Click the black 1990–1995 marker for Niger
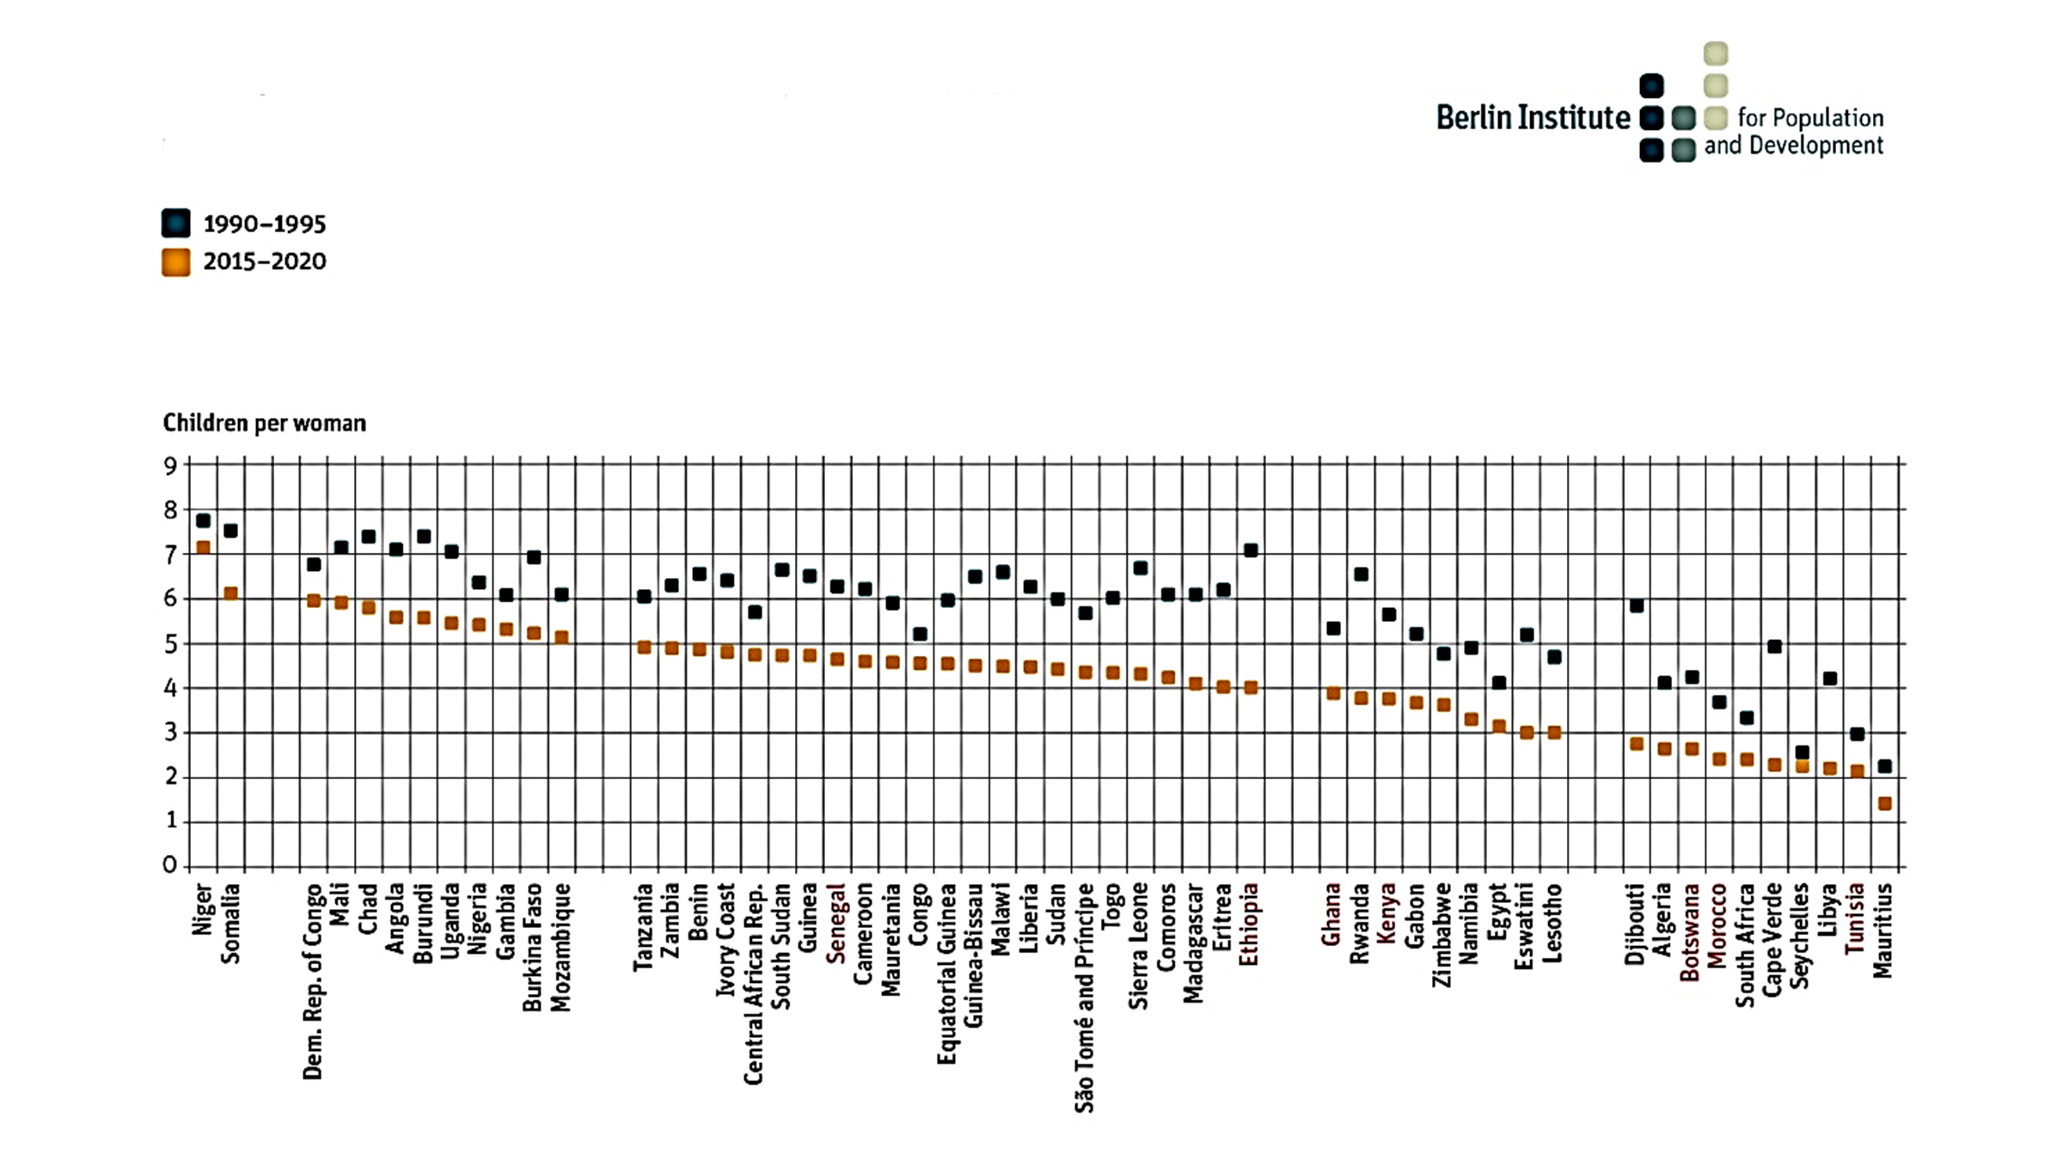tap(203, 520)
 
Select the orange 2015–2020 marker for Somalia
tap(230, 593)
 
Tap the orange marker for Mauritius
tap(1884, 803)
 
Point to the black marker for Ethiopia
tap(1251, 550)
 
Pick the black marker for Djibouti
tap(1637, 605)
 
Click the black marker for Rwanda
tap(1361, 574)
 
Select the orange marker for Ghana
tap(1333, 693)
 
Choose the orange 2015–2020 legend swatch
tap(176, 262)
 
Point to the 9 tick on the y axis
tap(170, 466)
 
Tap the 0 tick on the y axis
tap(170, 865)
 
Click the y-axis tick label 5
tap(170, 644)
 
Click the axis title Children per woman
tap(264, 423)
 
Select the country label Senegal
tap(836, 922)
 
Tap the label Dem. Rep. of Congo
tap(313, 980)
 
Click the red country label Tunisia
tap(1856, 918)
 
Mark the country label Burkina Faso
tap(533, 946)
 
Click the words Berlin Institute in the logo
tap(1533, 118)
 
